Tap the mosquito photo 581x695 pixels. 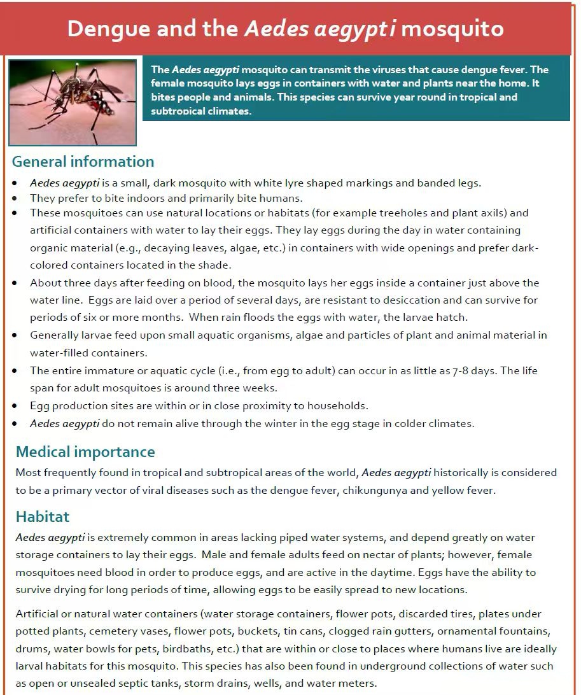coord(73,102)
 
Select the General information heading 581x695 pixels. coord(83,161)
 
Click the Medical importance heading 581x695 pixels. coord(85,452)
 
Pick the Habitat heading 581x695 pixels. coord(43,516)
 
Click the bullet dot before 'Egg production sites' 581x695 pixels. coord(15,405)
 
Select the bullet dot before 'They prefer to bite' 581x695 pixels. coord(15,198)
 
